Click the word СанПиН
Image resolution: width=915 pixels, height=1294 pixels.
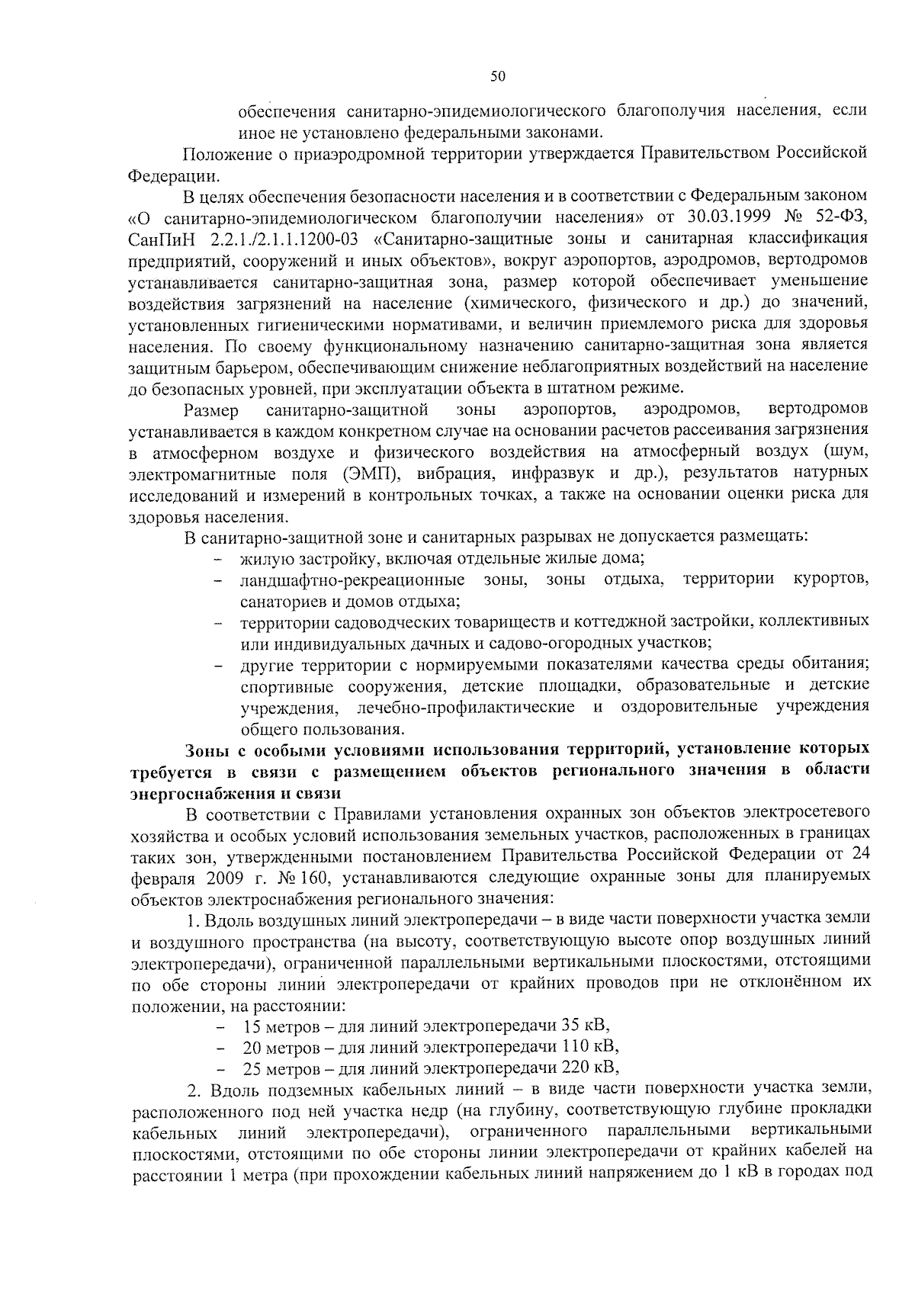(x=157, y=239)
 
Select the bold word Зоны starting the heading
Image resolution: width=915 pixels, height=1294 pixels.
(x=210, y=749)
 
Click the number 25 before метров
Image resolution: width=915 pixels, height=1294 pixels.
(x=252, y=1067)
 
